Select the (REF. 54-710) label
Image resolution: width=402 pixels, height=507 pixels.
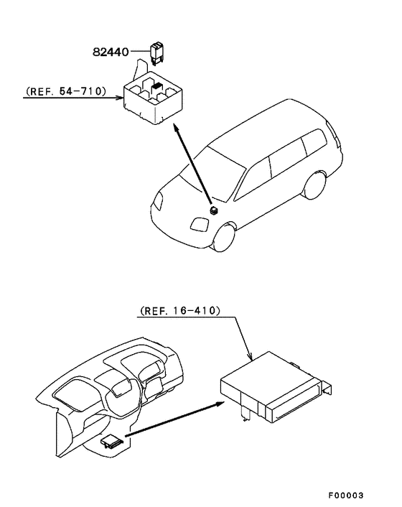click(x=65, y=92)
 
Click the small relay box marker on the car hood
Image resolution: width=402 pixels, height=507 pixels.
click(x=215, y=210)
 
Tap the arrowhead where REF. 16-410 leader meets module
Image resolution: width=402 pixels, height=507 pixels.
click(x=249, y=357)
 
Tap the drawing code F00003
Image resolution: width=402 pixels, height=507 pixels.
click(x=347, y=496)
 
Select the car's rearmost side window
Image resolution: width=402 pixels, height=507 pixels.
click(x=314, y=146)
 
